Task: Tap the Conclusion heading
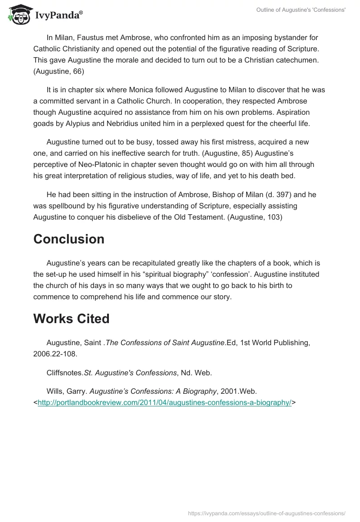69,239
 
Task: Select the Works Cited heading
71,319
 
